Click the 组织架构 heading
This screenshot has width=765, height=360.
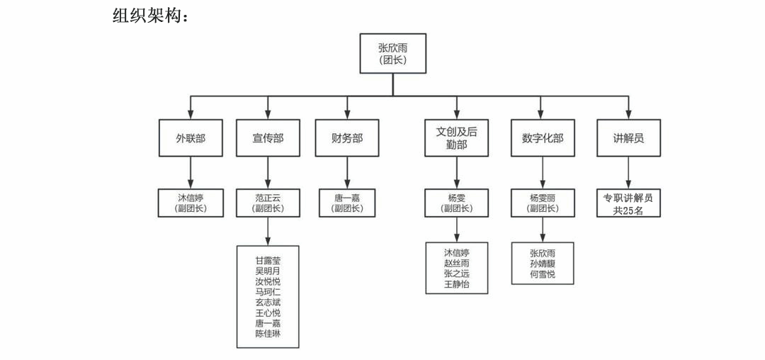tap(151, 15)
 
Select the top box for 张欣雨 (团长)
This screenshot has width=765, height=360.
tap(393, 53)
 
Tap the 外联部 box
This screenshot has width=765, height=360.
tap(191, 138)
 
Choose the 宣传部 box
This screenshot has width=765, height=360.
tap(268, 138)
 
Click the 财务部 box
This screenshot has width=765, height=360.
tap(347, 138)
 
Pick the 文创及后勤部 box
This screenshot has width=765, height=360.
tap(457, 138)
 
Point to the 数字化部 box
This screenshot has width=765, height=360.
tap(542, 138)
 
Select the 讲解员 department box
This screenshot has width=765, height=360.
tap(628, 138)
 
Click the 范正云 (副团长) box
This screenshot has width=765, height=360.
tap(268, 203)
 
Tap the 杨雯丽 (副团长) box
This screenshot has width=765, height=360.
tap(543, 203)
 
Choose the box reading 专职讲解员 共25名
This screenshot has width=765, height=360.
tap(628, 203)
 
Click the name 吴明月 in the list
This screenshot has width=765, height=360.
tap(268, 271)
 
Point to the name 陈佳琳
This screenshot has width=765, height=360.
tap(268, 334)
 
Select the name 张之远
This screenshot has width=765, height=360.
tap(457, 274)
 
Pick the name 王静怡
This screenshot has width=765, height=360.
tap(457, 284)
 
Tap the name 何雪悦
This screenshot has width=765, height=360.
tap(543, 274)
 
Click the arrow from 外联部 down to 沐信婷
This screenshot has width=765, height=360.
tap(191, 172)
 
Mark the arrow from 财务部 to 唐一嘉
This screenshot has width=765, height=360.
tap(347, 172)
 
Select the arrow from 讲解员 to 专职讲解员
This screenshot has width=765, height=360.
tap(628, 172)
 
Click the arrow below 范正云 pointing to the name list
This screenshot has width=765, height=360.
tap(268, 231)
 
